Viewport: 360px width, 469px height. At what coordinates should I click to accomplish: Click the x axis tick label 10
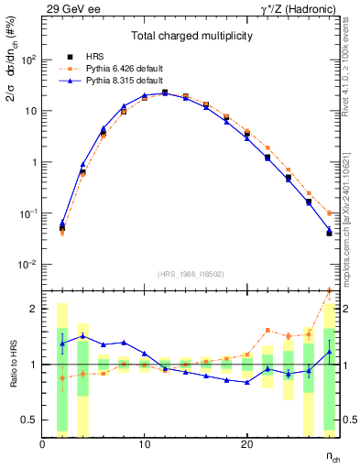144,443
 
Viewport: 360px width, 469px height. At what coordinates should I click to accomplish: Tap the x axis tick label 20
246,443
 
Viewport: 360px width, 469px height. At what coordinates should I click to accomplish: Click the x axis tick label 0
42,443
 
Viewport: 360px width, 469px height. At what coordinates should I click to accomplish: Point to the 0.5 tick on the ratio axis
30,420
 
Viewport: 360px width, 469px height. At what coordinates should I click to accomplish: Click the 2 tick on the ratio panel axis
35,309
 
